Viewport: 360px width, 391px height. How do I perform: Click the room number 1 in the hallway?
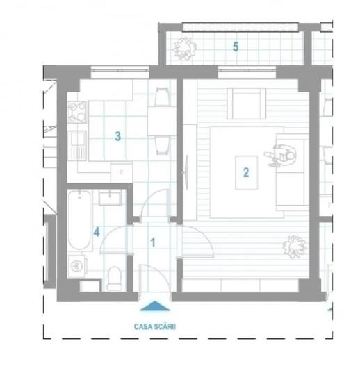coord(154,242)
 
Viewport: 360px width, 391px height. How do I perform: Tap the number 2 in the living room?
coord(245,172)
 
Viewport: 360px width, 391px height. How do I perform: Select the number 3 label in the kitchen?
coord(118,137)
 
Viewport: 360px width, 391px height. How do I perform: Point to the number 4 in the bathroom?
coord(97,232)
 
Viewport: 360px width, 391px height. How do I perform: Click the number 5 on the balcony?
coord(236,47)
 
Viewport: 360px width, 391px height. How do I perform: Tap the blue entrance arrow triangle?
coord(154,304)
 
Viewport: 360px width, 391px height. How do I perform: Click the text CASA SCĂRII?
coord(154,323)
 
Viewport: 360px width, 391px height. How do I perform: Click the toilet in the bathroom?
coord(115,276)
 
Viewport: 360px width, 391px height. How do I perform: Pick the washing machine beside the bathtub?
coord(78,266)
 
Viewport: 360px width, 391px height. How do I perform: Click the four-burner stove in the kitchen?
coord(76,110)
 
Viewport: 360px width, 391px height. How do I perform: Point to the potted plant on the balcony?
coord(185,47)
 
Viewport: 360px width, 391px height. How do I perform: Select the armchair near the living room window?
coord(245,104)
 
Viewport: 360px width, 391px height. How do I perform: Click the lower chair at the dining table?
coord(161,145)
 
